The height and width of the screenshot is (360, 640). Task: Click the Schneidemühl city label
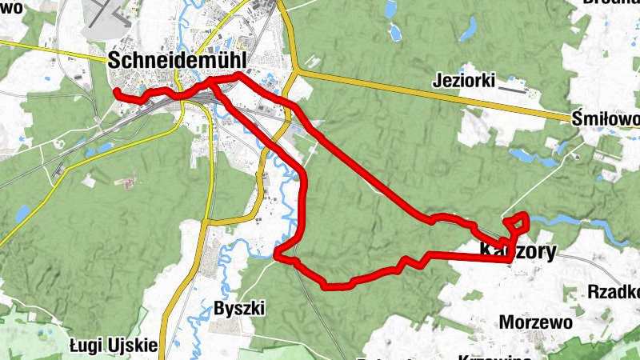tap(178, 60)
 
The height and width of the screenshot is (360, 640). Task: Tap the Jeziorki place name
tap(464, 80)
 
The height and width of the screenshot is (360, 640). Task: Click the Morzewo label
tap(536, 322)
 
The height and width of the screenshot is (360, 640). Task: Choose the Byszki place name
tap(239, 308)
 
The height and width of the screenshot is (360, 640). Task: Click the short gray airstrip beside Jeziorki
tap(512, 90)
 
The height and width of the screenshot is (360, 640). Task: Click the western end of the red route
tap(117, 93)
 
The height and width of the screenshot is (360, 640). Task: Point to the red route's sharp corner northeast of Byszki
tap(276, 256)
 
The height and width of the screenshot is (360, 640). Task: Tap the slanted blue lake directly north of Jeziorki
tap(466, 28)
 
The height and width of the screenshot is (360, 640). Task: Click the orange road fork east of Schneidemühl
tap(295, 71)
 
